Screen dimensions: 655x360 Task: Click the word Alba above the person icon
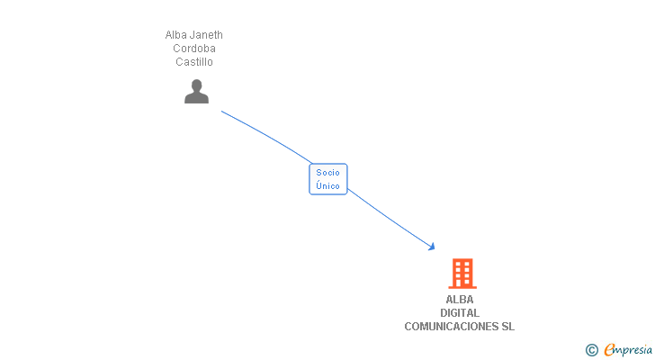175,35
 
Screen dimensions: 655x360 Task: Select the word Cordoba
194,49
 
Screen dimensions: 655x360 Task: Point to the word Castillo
194,62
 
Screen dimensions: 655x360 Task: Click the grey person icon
196,91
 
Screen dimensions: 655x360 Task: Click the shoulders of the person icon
196,97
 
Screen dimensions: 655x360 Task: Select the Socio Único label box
328,179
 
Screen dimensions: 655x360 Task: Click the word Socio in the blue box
328,172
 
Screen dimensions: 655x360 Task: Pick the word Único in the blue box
328,185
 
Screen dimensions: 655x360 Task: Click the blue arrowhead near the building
432,246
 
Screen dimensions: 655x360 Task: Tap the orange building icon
462,273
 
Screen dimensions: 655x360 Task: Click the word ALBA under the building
460,300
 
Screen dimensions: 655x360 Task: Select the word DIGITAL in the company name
460,313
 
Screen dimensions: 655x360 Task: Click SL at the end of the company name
508,327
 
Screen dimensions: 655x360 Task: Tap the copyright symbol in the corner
591,350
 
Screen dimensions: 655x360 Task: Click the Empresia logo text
628,350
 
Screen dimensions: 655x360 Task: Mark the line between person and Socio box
270,136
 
